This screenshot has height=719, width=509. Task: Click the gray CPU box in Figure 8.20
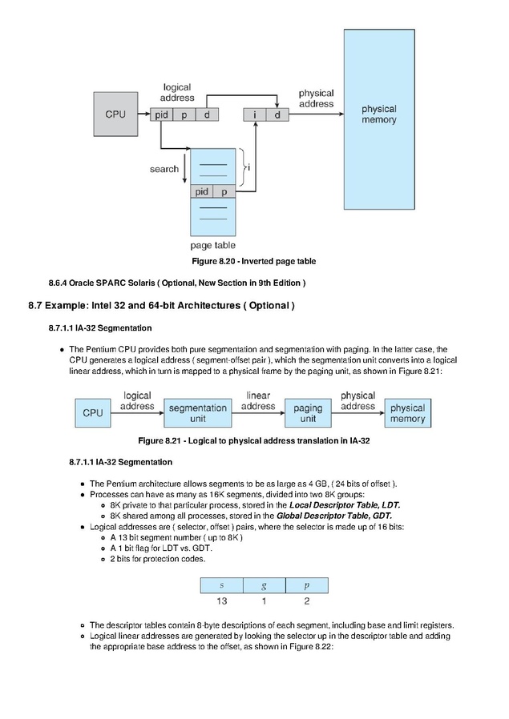tap(115, 114)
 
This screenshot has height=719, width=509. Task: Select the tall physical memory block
tap(379, 119)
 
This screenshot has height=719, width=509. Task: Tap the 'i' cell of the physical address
tap(255, 114)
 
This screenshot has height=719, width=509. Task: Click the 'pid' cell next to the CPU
tap(162, 114)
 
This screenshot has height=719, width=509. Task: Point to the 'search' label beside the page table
tap(164, 169)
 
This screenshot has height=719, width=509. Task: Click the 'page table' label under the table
tap(213, 245)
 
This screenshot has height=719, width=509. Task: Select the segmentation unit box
tap(198, 413)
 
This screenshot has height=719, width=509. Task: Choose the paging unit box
tap(308, 413)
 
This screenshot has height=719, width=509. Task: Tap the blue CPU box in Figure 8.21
tap(93, 413)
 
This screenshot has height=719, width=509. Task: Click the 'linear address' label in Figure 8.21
tap(258, 401)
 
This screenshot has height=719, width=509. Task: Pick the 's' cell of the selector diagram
tap(222, 585)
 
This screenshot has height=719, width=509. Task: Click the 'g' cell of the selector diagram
tap(265, 585)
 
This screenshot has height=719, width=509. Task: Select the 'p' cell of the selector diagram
tap(306, 585)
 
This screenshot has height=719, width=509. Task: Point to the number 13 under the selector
tap(222, 601)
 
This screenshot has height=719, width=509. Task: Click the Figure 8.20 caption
tap(254, 261)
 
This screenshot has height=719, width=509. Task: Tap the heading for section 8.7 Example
tap(161, 305)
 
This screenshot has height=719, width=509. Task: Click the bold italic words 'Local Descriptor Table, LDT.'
tap(345, 505)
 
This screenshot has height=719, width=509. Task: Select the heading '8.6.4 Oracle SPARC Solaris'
tap(177, 283)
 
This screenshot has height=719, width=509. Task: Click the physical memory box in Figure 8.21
tap(407, 413)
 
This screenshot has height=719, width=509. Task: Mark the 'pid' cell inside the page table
tap(202, 191)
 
